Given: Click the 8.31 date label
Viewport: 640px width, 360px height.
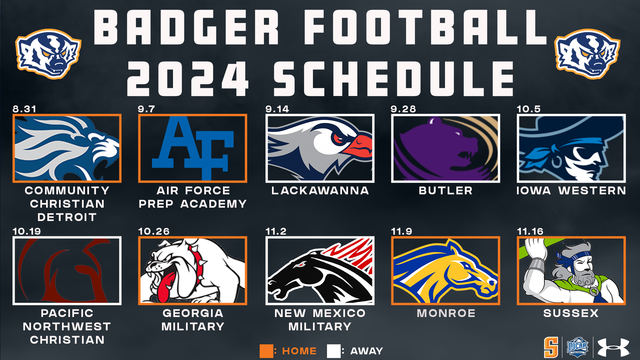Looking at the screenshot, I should point(24,109).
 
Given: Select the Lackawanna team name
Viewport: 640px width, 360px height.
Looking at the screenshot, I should point(320,191).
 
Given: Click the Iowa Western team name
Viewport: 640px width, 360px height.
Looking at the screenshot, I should point(571,191).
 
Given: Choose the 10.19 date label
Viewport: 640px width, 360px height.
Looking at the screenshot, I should point(27,231).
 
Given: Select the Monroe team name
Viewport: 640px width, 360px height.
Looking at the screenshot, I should point(446,313).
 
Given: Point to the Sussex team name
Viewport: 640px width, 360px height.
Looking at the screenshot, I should point(571,313).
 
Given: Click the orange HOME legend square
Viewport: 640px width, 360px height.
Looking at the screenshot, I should point(266,351).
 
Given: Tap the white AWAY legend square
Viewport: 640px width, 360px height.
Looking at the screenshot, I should point(334,351).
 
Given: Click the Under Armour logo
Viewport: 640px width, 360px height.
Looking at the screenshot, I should point(613,348).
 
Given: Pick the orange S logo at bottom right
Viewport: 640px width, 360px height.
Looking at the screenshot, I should point(551,347).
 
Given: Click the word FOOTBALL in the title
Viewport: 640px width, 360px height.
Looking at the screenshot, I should point(425,27).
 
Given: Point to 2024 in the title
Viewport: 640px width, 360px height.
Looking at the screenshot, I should point(188,79).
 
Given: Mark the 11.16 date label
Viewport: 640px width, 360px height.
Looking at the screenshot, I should point(530,231).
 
